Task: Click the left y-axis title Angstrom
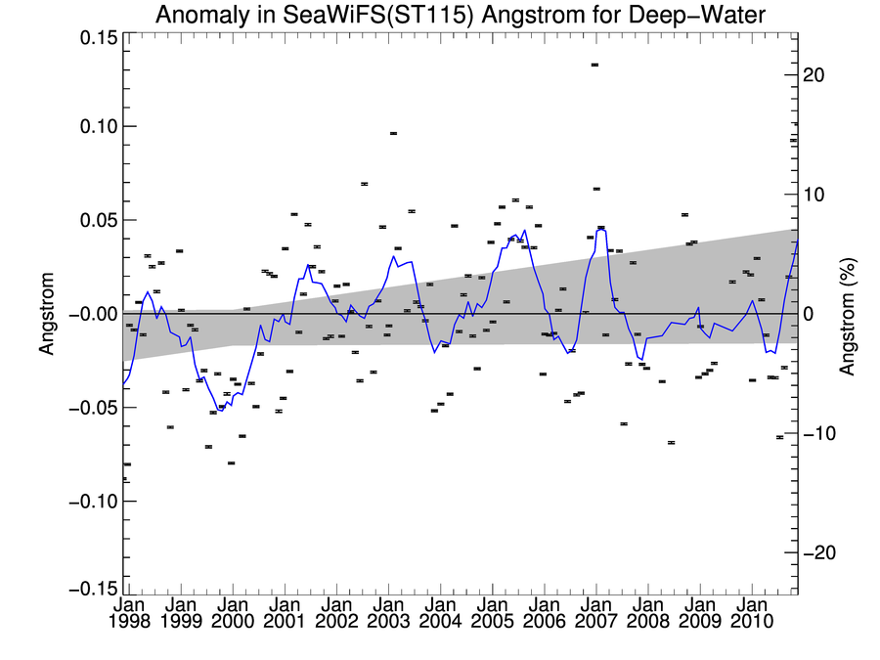pos(47,315)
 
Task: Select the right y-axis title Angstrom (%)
pos(849,315)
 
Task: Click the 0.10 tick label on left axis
pos(93,126)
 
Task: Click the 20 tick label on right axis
pos(816,75)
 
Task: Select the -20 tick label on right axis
pos(813,552)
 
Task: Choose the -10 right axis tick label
pos(813,433)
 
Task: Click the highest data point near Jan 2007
pos(594,65)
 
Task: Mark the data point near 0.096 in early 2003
pos(393,133)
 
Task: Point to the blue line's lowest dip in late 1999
pos(221,411)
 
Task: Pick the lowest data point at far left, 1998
pos(125,480)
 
